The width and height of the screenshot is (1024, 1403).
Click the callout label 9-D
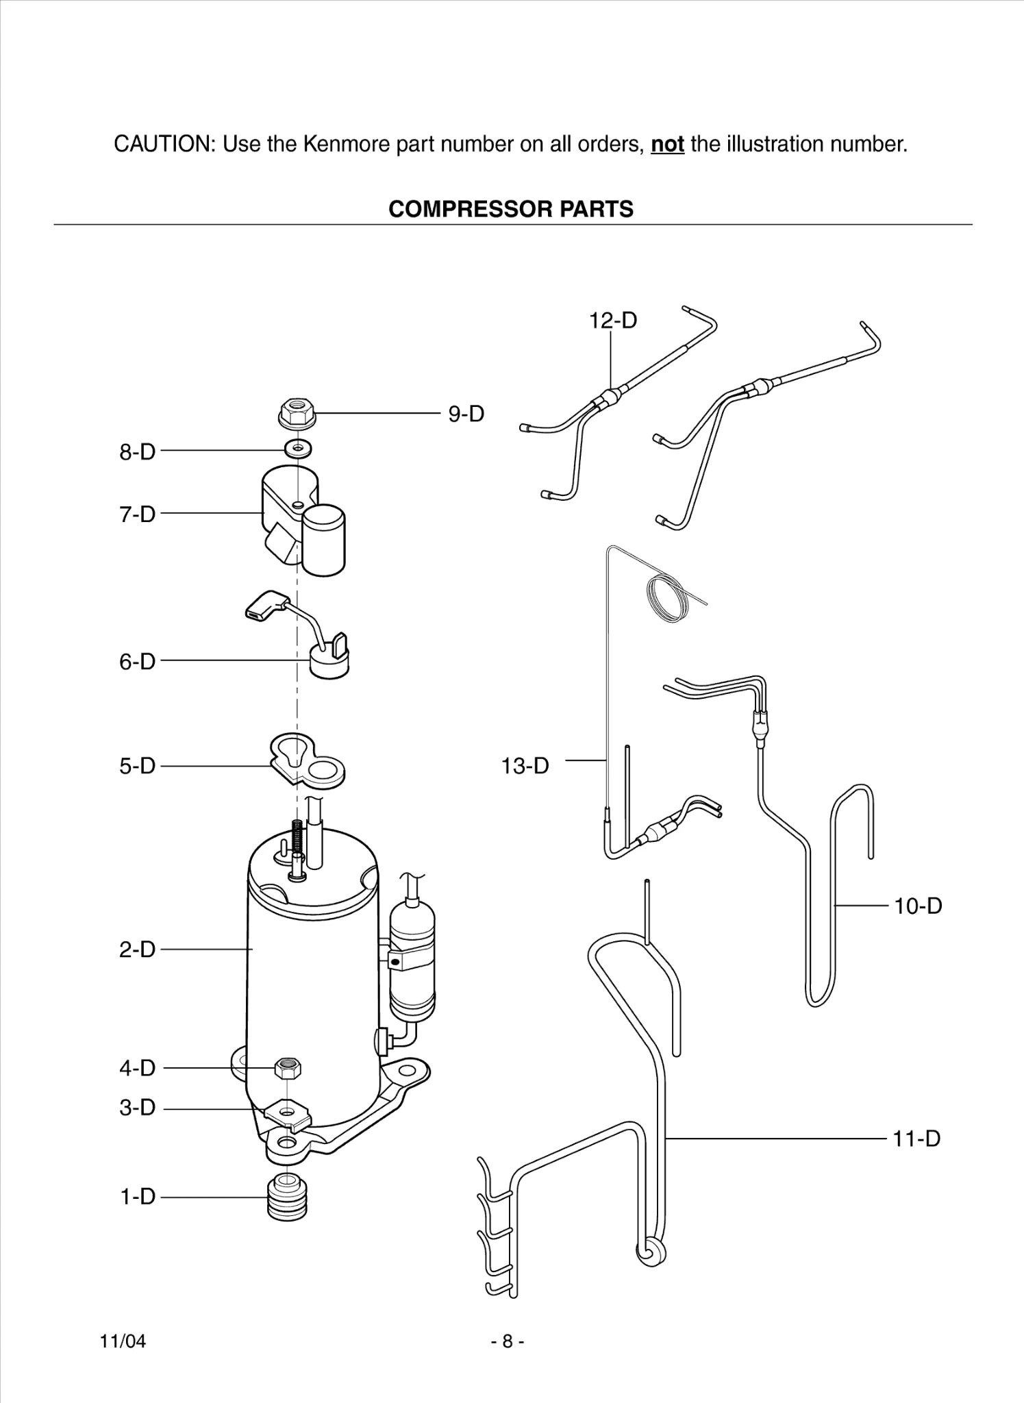(466, 414)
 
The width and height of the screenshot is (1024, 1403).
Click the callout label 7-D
(138, 514)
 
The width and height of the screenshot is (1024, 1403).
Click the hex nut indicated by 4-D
(288, 1067)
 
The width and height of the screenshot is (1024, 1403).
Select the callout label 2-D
(138, 949)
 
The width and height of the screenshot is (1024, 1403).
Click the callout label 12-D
(613, 320)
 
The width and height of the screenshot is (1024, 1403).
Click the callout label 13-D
(525, 766)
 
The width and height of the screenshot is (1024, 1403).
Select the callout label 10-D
(918, 906)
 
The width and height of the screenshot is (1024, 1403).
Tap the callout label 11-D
(916, 1139)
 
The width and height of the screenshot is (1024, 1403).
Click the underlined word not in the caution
(667, 145)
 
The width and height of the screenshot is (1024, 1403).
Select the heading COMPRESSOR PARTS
(511, 209)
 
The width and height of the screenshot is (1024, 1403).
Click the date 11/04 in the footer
(123, 1341)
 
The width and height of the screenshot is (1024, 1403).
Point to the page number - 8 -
(508, 1341)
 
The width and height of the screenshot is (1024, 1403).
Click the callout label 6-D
(138, 662)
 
